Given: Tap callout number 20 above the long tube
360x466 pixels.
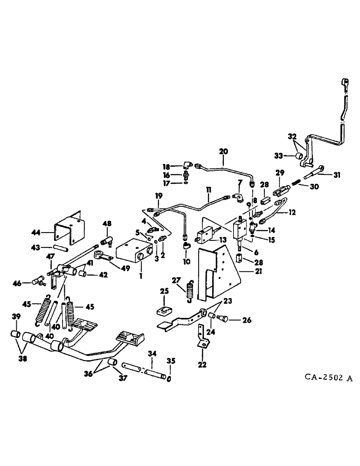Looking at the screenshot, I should tap(224, 151).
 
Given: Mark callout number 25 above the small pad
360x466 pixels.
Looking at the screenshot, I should tap(164, 291).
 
